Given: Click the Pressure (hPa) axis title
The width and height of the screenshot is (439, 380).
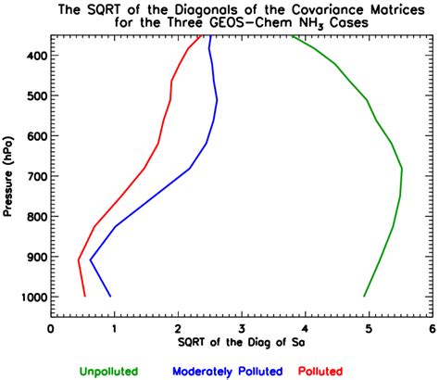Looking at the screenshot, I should pos(8,176).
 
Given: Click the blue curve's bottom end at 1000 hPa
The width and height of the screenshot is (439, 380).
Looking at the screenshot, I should pos(110,297).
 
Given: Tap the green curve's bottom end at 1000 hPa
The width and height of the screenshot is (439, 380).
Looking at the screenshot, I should pos(364,297).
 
